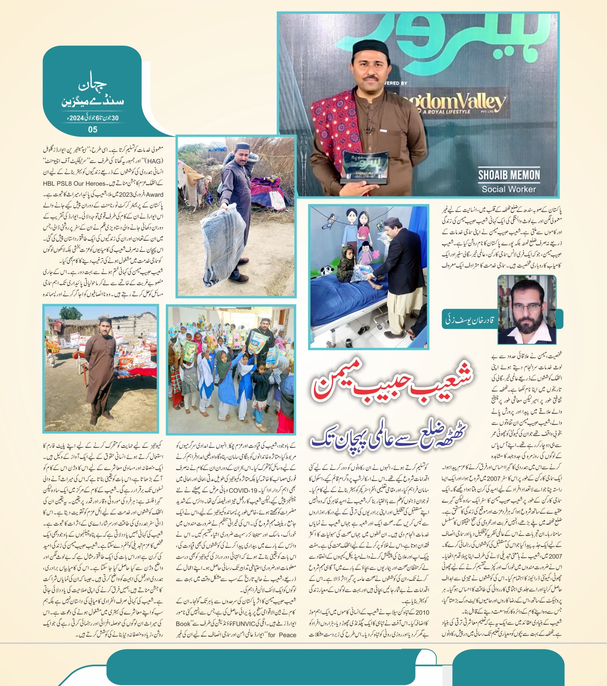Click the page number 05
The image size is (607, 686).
[x=93, y=129]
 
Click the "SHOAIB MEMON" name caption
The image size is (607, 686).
[x=509, y=175]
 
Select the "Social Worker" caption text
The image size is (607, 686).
[x=509, y=189]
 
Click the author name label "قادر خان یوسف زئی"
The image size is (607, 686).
[x=469, y=320]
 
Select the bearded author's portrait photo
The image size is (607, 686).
[x=526, y=310]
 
